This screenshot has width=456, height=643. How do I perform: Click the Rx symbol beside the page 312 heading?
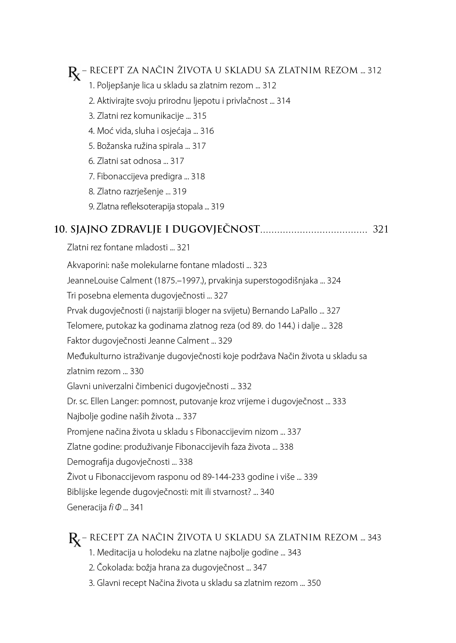[75, 73]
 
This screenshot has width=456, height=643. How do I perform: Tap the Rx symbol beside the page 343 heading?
[75, 539]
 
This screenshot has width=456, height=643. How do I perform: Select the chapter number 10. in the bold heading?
[61, 230]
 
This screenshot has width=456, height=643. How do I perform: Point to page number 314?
[283, 101]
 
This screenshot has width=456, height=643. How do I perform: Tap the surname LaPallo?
[303, 311]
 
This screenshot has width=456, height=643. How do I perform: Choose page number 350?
[314, 583]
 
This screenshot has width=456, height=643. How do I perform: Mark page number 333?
[339, 402]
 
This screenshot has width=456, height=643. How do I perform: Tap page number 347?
[260, 568]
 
